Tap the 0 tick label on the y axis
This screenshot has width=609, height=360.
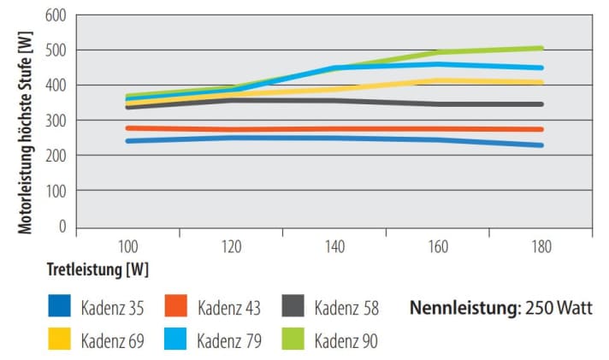tap(62, 227)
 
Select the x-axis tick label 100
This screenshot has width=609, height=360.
tap(127, 246)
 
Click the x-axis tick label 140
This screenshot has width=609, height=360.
tap(334, 246)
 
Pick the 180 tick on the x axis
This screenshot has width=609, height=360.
tap(541, 246)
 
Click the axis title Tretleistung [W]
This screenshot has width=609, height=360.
tap(98, 269)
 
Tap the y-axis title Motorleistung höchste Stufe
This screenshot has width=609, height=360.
tap(27, 120)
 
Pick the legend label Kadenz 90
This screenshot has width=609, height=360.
tap(346, 339)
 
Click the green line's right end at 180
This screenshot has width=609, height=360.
tap(541, 48)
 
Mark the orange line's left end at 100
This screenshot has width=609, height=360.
tap(127, 128)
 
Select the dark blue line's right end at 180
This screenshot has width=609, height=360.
tap(541, 145)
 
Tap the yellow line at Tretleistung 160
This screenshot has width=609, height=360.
tap(438, 81)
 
